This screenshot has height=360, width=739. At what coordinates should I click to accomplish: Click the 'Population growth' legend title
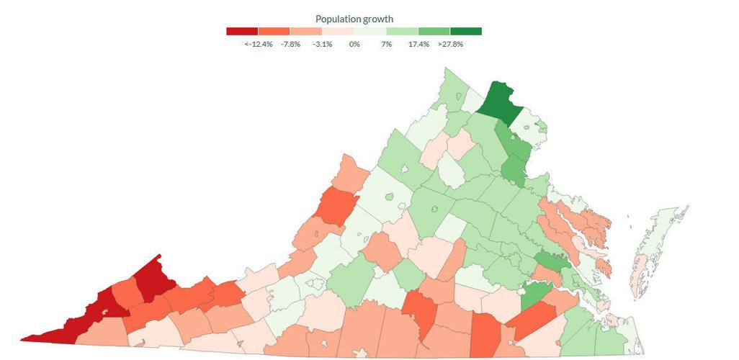pyautogui.click(x=354, y=18)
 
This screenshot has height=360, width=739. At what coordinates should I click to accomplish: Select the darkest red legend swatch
pyautogui.click(x=242, y=31)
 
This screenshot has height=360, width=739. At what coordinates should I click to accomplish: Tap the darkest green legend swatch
pyautogui.click(x=466, y=31)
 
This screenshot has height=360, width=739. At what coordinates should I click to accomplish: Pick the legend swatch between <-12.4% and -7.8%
pyautogui.click(x=274, y=31)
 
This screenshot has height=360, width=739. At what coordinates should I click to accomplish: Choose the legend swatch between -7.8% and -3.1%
pyautogui.click(x=306, y=31)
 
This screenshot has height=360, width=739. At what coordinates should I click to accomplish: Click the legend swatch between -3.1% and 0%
pyautogui.click(x=338, y=31)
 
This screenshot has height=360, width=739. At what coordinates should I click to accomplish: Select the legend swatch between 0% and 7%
pyautogui.click(x=370, y=31)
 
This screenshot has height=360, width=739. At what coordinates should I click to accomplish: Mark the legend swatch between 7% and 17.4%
pyautogui.click(x=402, y=31)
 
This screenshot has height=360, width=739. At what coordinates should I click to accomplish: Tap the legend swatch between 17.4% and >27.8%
pyautogui.click(x=434, y=31)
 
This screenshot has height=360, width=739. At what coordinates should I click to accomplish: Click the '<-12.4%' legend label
pyautogui.click(x=258, y=45)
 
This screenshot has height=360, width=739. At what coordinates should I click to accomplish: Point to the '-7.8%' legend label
pyautogui.click(x=290, y=45)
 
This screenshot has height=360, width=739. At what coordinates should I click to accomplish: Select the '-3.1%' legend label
pyautogui.click(x=322, y=45)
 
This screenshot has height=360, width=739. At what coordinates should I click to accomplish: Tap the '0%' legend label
pyautogui.click(x=354, y=45)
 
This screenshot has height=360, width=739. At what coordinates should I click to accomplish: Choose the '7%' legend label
pyautogui.click(x=386, y=45)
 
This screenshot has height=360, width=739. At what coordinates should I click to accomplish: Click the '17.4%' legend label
pyautogui.click(x=418, y=45)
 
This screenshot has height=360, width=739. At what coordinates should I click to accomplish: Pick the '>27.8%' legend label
pyautogui.click(x=450, y=45)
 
